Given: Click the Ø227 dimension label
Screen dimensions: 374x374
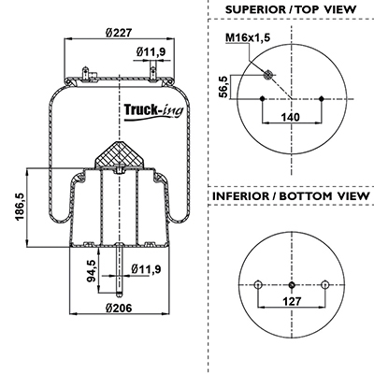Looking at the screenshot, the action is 120,33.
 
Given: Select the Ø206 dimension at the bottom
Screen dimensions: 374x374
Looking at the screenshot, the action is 119,308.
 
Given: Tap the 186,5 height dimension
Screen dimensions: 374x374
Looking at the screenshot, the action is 20,207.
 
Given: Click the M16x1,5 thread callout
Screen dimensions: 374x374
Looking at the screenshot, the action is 248,37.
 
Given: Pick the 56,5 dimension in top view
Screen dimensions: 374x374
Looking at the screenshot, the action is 223,87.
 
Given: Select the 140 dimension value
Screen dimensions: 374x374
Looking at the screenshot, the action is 290,118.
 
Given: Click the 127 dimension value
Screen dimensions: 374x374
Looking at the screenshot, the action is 292,301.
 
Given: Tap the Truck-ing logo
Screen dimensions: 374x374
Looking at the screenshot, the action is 154,111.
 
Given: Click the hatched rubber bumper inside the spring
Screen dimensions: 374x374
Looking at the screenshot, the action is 119,154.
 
